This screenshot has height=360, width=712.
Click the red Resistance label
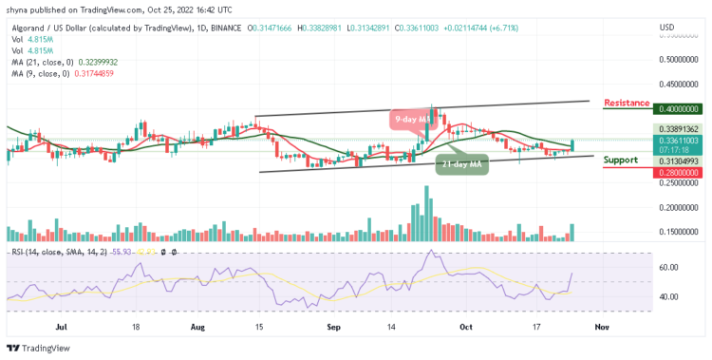tap(627, 103)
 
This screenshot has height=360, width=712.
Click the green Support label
tap(620, 160)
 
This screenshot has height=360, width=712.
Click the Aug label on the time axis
tap(197, 326)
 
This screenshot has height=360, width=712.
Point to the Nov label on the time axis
tap(600, 326)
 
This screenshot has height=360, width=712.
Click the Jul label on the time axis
tap(62, 326)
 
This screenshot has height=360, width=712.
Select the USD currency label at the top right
tap(668, 26)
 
